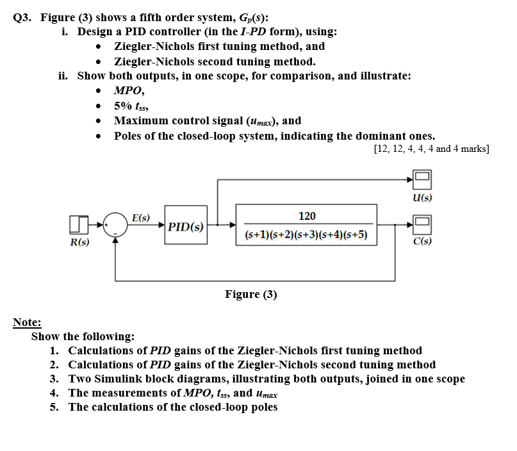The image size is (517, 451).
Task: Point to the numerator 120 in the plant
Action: (x=307, y=216)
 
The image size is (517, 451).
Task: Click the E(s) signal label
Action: (x=141, y=217)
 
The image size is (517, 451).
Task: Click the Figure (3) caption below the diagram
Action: (x=251, y=294)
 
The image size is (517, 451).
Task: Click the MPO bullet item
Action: (x=128, y=91)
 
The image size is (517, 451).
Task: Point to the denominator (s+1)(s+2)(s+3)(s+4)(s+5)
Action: (x=307, y=234)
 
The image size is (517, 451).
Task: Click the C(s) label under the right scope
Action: (x=422, y=242)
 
